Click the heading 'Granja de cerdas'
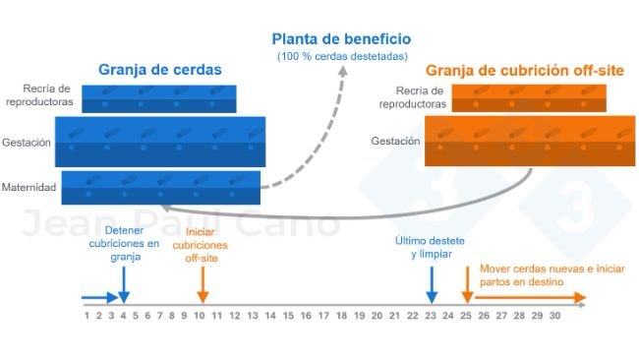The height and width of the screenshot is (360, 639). [159, 70]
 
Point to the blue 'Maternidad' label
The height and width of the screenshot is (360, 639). [29, 187]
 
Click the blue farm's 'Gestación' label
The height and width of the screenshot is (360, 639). [28, 142]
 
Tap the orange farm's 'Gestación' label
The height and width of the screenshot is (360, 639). [396, 142]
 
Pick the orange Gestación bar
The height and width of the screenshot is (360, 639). [529, 142]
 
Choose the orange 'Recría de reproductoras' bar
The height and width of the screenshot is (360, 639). [528, 97]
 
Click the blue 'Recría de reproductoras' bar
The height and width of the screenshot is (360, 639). [158, 98]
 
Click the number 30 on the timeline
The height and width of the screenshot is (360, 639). [554, 316]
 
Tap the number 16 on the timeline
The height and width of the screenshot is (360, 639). [306, 316]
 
